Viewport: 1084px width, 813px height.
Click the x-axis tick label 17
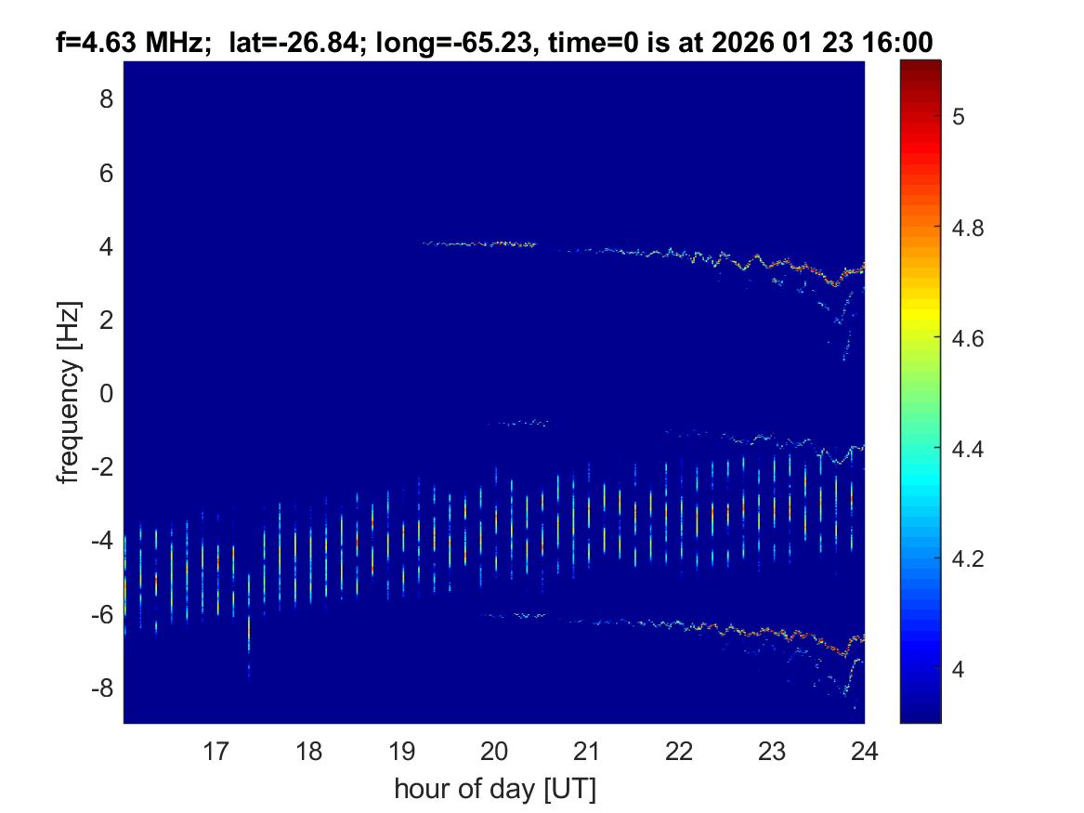[215, 751]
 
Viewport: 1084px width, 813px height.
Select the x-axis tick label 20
[494, 751]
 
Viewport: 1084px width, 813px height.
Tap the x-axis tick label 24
[865, 751]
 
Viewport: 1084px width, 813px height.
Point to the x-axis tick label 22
[679, 751]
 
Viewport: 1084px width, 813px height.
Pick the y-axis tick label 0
[106, 394]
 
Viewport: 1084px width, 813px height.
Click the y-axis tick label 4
[106, 246]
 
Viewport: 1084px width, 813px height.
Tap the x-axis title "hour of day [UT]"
[494, 790]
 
